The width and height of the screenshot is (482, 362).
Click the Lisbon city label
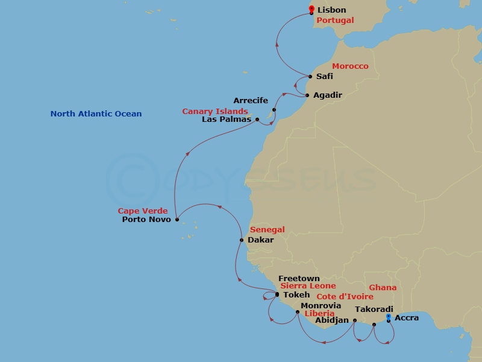pyautogui.click(x=331, y=10)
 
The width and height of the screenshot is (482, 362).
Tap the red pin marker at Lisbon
pyautogui.click(x=311, y=8)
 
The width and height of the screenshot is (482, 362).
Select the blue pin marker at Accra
pyautogui.click(x=389, y=317)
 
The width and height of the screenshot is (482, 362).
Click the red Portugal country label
pyautogui.click(x=335, y=20)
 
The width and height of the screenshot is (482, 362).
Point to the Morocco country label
pyautogui.click(x=350, y=66)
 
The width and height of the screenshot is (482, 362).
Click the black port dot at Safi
pyautogui.click(x=310, y=77)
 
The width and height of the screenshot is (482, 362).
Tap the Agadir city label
pyautogui.click(x=328, y=95)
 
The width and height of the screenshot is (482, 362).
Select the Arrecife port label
pyautogui.click(x=251, y=100)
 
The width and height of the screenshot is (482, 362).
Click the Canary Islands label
pyautogui.click(x=215, y=112)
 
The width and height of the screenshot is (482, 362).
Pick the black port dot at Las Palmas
pyautogui.click(x=257, y=119)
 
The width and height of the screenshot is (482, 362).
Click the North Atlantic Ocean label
pyautogui.click(x=96, y=113)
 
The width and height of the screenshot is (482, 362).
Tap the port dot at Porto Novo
pyautogui.click(x=177, y=220)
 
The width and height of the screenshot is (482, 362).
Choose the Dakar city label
pyautogui.click(x=260, y=240)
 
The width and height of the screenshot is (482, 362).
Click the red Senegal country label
pyautogui.click(x=267, y=230)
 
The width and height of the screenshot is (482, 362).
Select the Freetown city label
pyautogui.click(x=299, y=279)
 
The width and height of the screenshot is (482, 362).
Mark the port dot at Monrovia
pyautogui.click(x=298, y=312)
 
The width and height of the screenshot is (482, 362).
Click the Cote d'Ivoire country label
pyautogui.click(x=345, y=296)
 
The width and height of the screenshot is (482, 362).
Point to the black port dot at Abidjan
pyautogui.click(x=354, y=320)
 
